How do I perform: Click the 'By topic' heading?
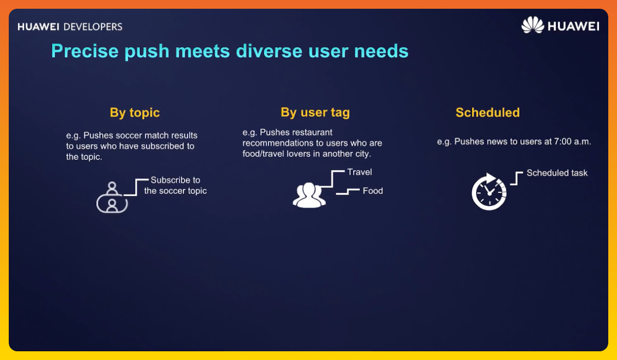pos(135,113)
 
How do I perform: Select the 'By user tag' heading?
pos(315,113)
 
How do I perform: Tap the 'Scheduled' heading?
pos(487,113)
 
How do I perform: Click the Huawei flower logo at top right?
pos(532,25)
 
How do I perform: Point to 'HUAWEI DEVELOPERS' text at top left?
pos(70,26)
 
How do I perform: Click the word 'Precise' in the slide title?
pos(84,51)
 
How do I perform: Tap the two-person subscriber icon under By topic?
pos(112,197)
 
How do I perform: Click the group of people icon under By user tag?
pos(309,194)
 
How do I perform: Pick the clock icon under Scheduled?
pos(488,192)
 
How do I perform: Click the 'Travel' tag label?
pos(359,172)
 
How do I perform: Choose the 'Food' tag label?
pos(373,191)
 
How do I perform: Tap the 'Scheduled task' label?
pos(557,173)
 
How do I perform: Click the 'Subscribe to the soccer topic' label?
pos(175,185)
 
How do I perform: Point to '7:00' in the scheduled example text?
pos(560,141)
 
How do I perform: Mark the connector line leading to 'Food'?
pos(348,192)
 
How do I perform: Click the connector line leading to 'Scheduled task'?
pos(516,178)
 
